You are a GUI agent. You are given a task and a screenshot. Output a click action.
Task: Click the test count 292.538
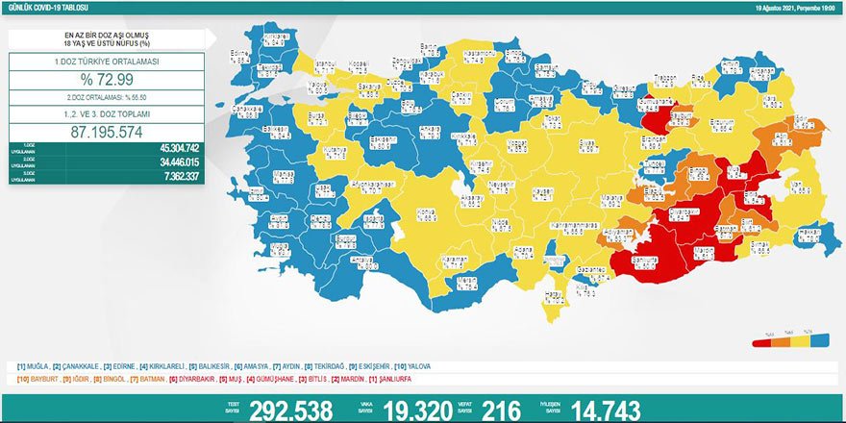tap(290, 411)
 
